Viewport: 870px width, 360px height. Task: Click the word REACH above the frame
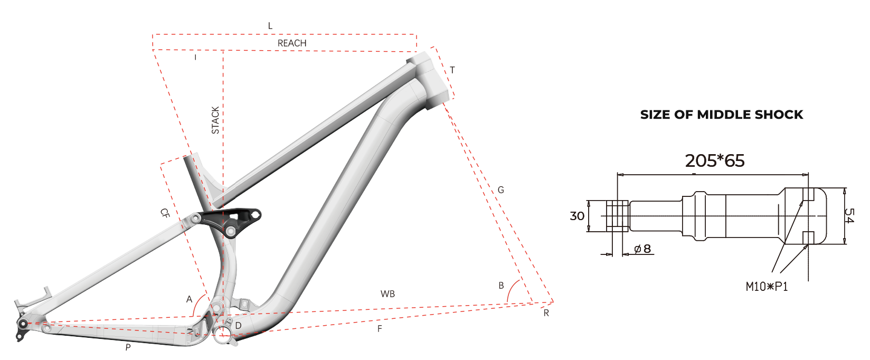pos(292,43)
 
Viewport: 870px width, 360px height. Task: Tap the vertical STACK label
pos(215,120)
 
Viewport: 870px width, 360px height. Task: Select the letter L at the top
pos(270,26)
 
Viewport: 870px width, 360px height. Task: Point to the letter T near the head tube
pos(452,70)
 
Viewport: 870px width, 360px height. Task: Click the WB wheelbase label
pos(387,294)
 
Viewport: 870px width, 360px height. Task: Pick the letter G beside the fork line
pos(500,190)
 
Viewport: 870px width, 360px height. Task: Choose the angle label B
pos(501,286)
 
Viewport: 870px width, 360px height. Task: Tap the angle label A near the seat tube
pos(189,299)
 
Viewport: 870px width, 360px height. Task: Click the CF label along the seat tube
pos(165,213)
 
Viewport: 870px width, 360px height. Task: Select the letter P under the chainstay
pos(128,347)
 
